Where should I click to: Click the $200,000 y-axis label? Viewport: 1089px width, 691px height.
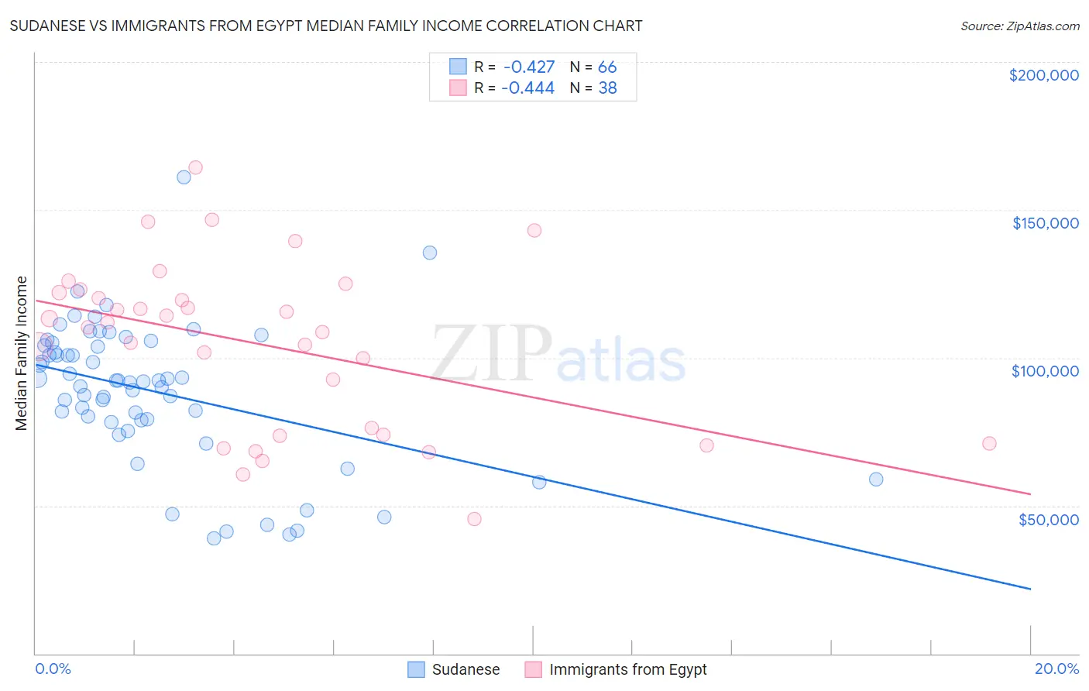1043,75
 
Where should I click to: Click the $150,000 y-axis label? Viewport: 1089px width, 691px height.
1045,223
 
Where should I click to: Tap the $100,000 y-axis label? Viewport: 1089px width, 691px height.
1045,371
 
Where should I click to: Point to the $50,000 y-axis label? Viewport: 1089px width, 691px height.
1048,519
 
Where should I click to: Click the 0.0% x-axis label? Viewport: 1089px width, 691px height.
53,669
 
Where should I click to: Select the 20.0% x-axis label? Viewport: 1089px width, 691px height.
1056,669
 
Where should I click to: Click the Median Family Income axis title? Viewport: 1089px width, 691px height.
22,352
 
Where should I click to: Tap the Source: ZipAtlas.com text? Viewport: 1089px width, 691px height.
1019,26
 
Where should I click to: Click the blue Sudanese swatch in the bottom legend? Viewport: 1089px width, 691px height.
417,669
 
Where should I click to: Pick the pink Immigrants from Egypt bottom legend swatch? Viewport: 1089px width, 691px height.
534,669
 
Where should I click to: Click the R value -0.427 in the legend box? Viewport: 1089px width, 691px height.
528,67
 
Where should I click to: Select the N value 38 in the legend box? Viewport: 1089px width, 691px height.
607,88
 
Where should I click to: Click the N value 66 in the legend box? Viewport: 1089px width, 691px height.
607,67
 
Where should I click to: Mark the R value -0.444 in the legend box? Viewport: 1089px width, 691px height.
528,88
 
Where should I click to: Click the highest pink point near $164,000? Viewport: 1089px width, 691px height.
195,167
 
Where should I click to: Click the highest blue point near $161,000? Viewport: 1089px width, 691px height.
184,177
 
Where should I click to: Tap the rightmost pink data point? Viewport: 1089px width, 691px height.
989,443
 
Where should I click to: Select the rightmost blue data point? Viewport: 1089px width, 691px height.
876,479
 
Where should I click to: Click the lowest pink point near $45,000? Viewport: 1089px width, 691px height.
474,519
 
